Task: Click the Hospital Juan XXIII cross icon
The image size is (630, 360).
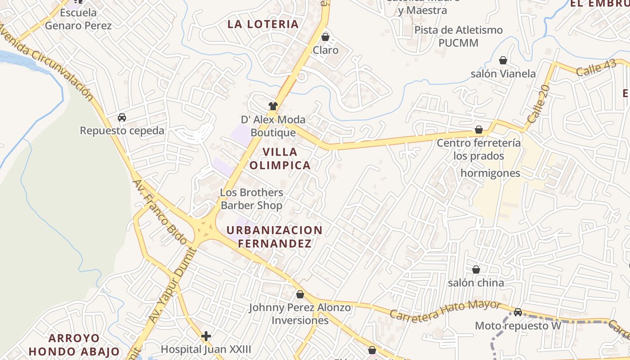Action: point(206,336)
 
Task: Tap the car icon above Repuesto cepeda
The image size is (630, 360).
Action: point(121,117)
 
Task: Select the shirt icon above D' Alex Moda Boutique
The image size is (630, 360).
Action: point(273,106)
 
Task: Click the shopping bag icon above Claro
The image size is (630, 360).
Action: point(325,36)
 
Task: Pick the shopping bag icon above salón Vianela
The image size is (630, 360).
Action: point(503,60)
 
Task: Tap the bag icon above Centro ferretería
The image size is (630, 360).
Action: point(479,130)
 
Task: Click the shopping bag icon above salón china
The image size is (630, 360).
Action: point(476,270)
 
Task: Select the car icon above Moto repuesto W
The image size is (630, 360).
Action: point(518,312)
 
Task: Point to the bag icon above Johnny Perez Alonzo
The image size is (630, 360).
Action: point(300,294)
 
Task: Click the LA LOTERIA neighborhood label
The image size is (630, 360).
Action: point(263,24)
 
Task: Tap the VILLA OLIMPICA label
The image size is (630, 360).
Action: point(280,158)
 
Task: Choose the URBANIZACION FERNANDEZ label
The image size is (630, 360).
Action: point(274,237)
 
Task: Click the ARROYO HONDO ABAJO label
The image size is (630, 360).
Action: point(75,345)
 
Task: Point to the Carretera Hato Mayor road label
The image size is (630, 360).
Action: point(445,310)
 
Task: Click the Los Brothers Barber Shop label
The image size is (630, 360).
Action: point(252,199)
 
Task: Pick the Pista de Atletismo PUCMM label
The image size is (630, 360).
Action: point(459,36)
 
